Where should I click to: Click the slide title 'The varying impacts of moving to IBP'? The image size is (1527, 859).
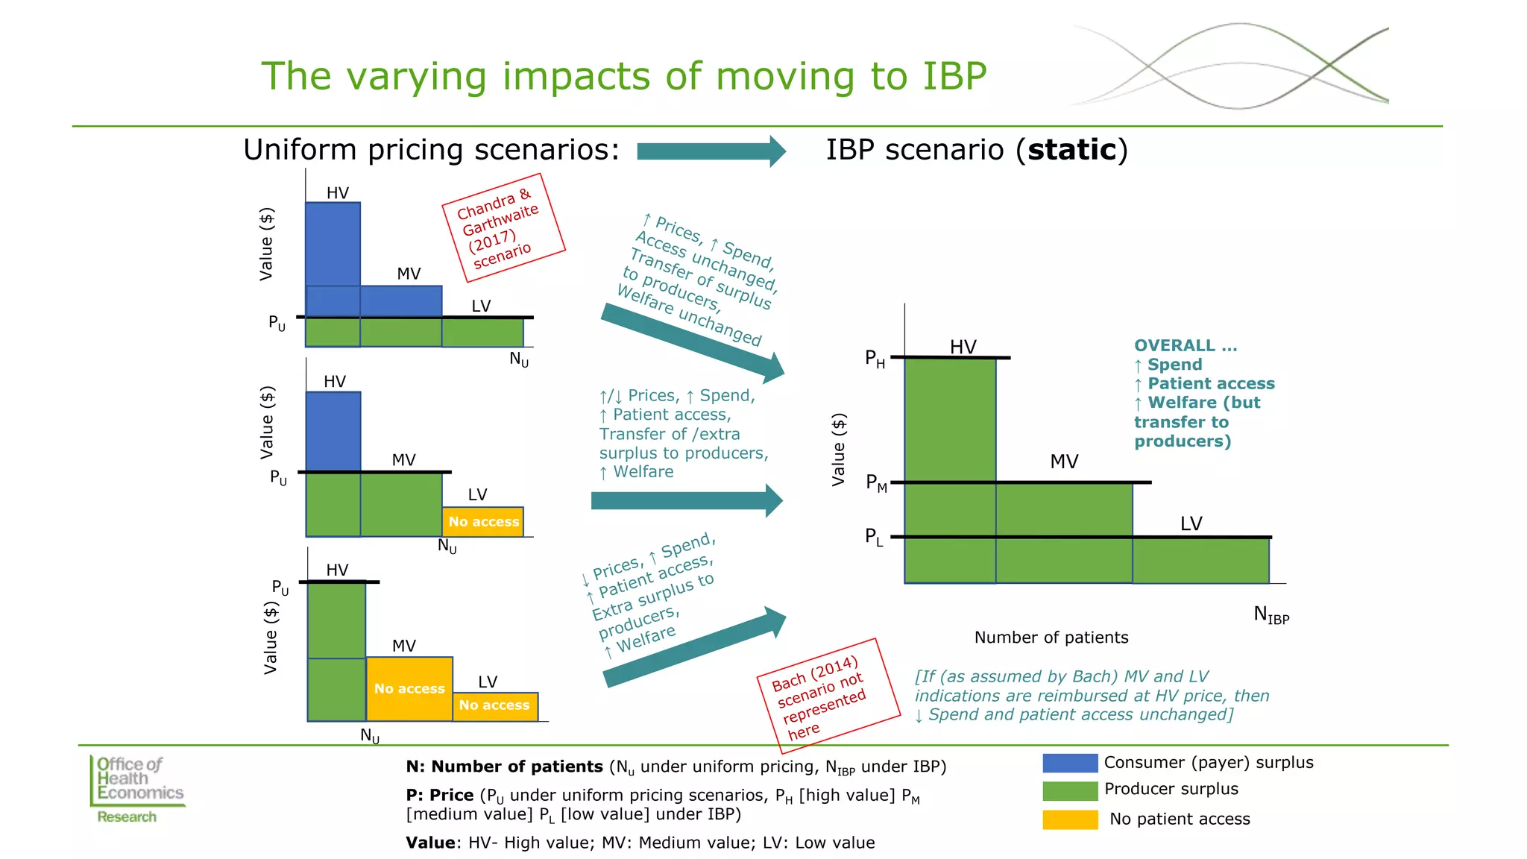[623, 76]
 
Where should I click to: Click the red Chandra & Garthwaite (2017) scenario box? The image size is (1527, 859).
[503, 227]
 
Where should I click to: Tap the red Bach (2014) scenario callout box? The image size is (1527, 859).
[828, 696]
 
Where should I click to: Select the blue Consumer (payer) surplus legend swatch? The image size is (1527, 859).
[1070, 763]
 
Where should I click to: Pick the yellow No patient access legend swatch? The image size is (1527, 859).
[1070, 819]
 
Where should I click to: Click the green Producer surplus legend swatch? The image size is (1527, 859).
[1070, 790]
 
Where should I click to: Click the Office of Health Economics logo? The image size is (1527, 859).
[138, 789]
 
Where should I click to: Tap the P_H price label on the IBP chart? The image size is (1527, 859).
[875, 359]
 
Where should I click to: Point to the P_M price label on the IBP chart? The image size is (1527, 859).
[876, 483]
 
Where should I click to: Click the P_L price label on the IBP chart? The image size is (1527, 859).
[874, 537]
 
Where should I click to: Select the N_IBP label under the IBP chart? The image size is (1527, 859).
[1271, 615]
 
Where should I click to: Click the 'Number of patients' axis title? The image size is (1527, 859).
[1051, 638]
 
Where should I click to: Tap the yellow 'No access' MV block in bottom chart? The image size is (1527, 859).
[409, 688]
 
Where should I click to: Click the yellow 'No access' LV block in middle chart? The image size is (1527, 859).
[483, 522]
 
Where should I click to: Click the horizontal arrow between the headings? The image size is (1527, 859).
[711, 151]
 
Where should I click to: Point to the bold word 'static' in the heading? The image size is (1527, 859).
[1071, 150]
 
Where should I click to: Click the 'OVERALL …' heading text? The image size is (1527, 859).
[1185, 346]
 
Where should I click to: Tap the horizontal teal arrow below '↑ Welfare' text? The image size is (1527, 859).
[686, 501]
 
